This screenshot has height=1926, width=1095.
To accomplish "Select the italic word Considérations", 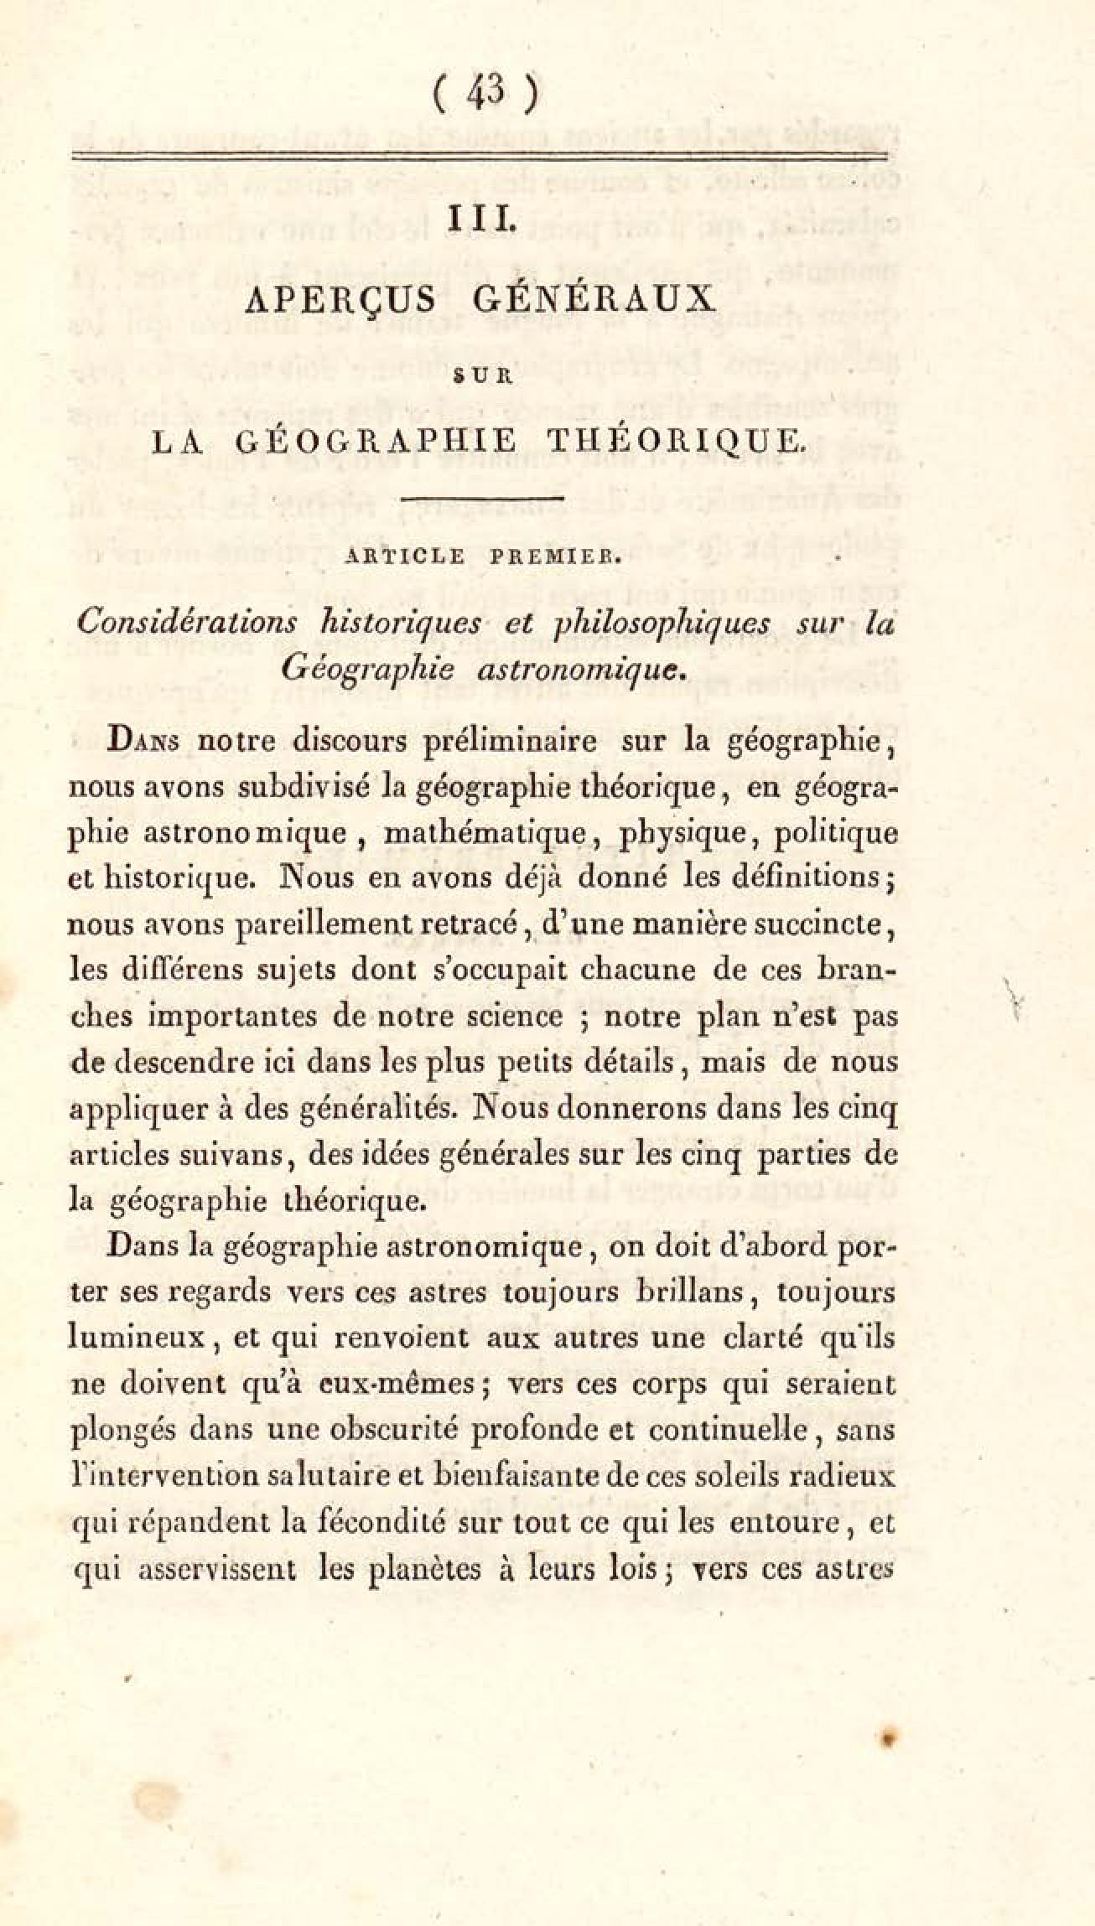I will (187, 624).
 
